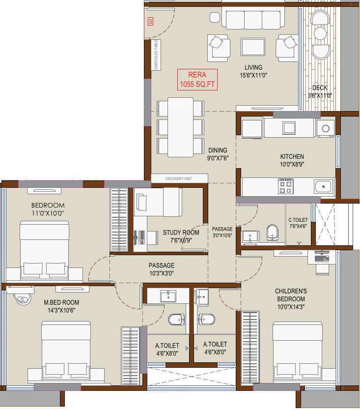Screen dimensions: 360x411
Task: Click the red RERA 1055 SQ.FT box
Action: [197, 80]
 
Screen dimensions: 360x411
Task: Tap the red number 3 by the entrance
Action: [150, 21]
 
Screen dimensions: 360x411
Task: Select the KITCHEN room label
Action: [292, 156]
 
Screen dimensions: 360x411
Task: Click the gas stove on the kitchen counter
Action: [286, 186]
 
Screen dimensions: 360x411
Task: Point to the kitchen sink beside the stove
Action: [324, 187]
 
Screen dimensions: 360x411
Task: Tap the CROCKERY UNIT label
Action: [179, 178]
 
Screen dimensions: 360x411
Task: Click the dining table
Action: [181, 127]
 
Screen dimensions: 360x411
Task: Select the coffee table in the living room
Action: [253, 47]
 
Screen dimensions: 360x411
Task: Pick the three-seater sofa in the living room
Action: [253, 18]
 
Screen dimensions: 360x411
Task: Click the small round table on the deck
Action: [320, 33]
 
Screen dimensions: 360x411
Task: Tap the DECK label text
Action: [320, 88]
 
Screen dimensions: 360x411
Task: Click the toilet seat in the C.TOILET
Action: [272, 233]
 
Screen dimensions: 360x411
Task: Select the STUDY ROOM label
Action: [181, 233]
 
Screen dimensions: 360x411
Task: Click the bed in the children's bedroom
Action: [298, 352]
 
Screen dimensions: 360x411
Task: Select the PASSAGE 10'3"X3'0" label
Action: [162, 269]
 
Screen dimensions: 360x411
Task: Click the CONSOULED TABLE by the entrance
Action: [156, 55]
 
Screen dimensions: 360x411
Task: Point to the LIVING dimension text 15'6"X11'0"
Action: [253, 76]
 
